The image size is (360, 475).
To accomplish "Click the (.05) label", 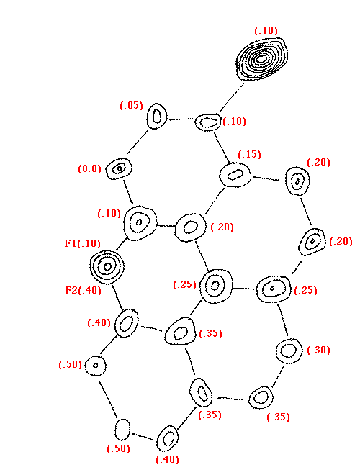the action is click(x=131, y=105).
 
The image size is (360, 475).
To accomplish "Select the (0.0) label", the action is click(x=90, y=168).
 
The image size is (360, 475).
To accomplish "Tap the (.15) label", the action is click(x=249, y=154).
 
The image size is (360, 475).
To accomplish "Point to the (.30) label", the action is click(x=318, y=350).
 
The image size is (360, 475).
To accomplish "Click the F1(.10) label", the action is click(x=82, y=243).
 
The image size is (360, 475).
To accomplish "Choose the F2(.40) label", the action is click(x=84, y=290).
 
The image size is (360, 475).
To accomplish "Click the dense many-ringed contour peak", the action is click(x=262, y=59).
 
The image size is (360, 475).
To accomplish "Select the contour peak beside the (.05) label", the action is click(x=157, y=116).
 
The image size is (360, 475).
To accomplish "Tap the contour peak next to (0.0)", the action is click(x=119, y=168).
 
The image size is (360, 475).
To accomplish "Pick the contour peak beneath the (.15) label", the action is click(x=235, y=175).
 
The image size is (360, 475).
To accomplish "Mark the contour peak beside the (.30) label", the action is click(x=289, y=350).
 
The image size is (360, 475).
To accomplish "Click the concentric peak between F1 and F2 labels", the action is click(x=107, y=267).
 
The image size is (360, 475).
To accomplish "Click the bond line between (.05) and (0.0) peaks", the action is click(x=138, y=142).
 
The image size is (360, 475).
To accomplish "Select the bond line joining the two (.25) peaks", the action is click(x=244, y=288).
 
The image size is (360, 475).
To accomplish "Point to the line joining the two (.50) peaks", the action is click(x=107, y=399).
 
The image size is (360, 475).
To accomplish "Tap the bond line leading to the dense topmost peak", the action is click(x=232, y=98).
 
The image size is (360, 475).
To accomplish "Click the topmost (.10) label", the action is click(x=266, y=31).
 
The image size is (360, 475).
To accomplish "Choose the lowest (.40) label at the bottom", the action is click(x=167, y=459).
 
